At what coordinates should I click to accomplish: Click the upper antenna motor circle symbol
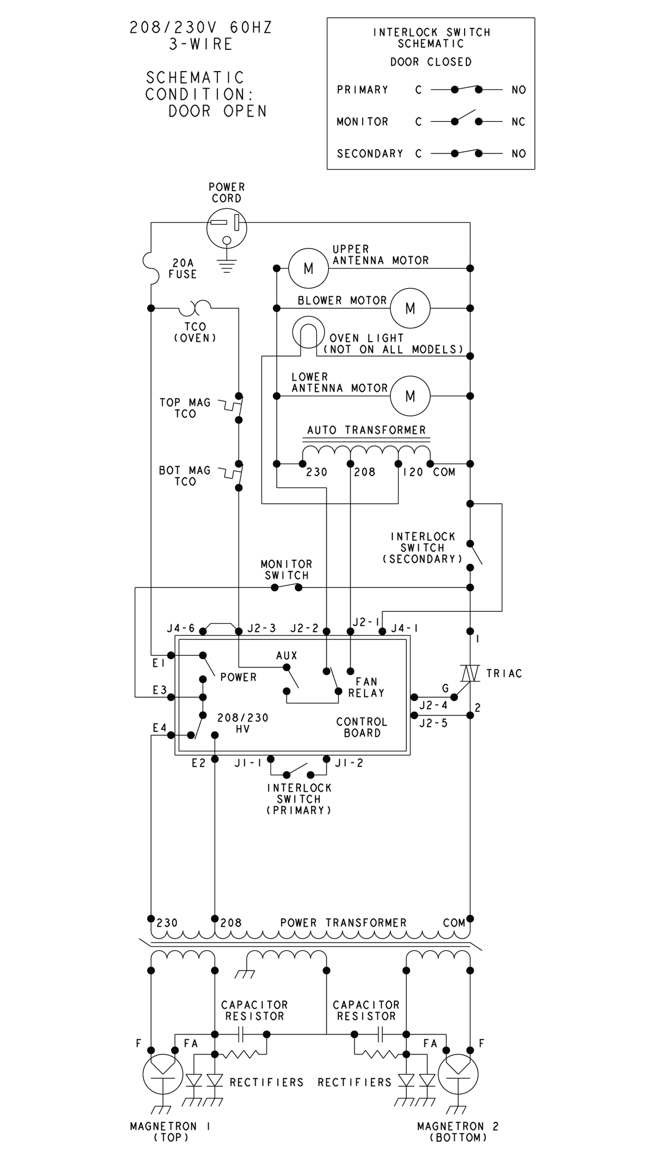coord(308,268)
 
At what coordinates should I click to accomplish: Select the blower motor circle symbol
coord(410,308)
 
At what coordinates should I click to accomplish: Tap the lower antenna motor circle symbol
coord(410,396)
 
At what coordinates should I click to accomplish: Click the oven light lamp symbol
coord(308,332)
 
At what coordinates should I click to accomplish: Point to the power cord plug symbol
coord(226,228)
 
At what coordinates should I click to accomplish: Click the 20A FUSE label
coord(183,269)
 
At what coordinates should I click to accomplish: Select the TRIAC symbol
coord(470,674)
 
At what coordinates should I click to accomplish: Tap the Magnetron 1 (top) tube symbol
coord(162,1074)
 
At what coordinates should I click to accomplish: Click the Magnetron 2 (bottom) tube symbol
coord(458,1074)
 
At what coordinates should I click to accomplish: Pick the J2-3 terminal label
coord(262,628)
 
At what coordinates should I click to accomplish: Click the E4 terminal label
coord(159,728)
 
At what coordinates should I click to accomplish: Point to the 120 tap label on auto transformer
coord(413,472)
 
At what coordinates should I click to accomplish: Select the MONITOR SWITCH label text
coord(287,569)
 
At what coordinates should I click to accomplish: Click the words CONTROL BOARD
coord(362,727)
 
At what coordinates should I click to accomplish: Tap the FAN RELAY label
coord(367,687)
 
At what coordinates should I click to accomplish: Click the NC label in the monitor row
coord(519,122)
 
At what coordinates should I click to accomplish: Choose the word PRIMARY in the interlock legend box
coord(362,90)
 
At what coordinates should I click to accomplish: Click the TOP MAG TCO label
coord(185,408)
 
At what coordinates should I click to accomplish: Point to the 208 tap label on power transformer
coord(231,923)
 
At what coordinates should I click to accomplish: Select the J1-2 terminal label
coord(349,763)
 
